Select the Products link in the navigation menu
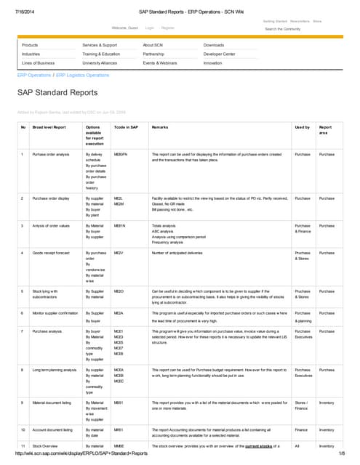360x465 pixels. click(x=30, y=45)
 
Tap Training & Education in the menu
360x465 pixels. click(x=101, y=54)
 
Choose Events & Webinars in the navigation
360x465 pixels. click(x=159, y=63)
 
